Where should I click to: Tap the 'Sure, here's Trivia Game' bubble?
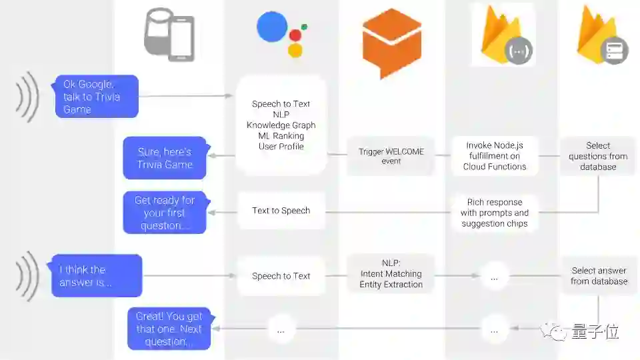165,158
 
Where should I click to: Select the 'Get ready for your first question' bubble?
165,213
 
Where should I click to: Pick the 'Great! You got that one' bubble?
169,329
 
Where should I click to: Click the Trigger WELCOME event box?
391,156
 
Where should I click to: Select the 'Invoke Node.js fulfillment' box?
494,156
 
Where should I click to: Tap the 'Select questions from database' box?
597,156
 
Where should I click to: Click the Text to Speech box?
281,211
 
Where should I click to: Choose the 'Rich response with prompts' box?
494,213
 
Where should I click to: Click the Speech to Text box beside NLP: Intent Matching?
281,276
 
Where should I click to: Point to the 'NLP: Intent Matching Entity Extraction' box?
391,274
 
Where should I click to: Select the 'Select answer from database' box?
598,276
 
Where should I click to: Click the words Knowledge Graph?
281,125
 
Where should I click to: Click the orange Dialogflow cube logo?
391,43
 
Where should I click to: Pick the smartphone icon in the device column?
181,39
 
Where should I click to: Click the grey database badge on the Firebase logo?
613,50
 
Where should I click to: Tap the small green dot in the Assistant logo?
304,27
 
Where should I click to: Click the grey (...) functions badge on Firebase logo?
517,50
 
